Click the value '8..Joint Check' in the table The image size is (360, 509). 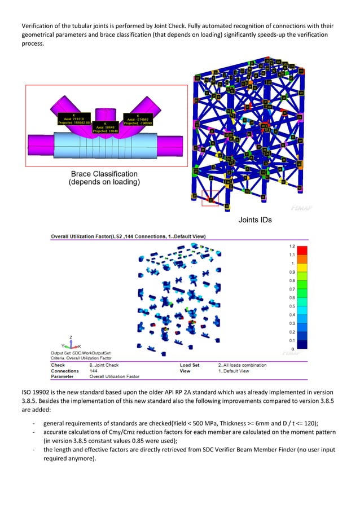pyautogui.click(x=107, y=365)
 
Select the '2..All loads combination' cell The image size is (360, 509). pyautogui.click(x=243, y=365)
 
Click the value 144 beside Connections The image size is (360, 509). pyautogui.click(x=94, y=371)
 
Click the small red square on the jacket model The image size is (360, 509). pyautogui.click(x=210, y=198)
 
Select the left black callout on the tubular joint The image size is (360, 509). pyautogui.click(x=74, y=119)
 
